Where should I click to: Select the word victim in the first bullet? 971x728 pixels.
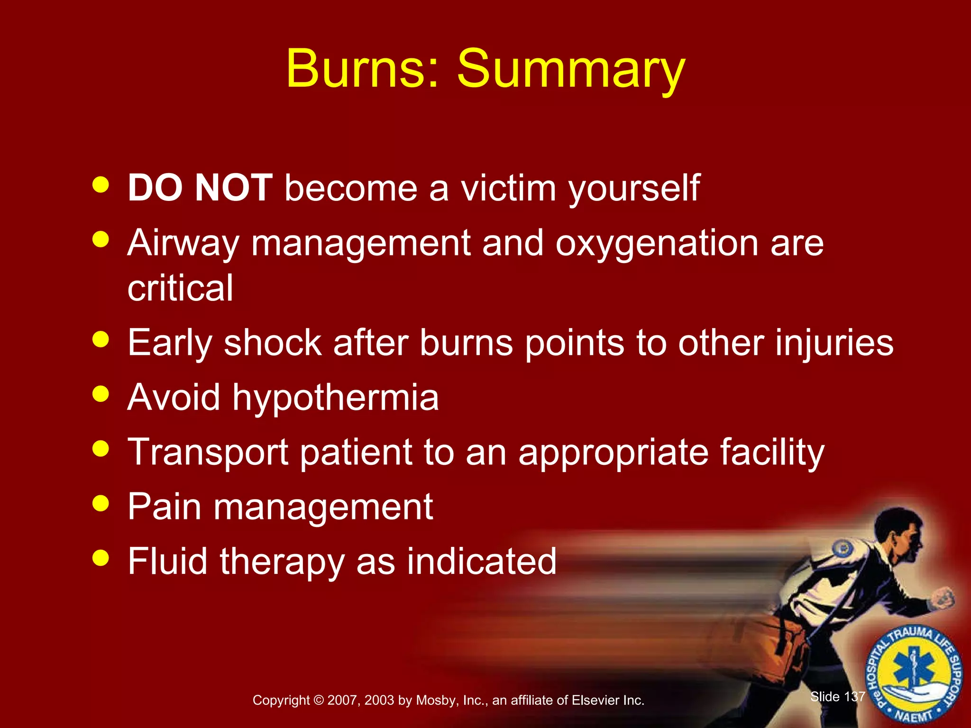click(x=508, y=188)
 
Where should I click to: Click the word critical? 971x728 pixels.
click(x=180, y=288)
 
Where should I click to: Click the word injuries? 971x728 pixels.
click(x=834, y=342)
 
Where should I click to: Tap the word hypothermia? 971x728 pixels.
click(x=335, y=397)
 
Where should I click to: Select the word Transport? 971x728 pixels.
click(x=208, y=452)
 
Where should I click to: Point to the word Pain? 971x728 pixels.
click(x=165, y=507)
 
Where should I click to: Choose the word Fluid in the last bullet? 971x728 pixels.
click(x=167, y=561)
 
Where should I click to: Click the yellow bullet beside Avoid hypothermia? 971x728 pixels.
click(x=101, y=393)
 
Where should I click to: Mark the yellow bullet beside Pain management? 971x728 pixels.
click(x=101, y=503)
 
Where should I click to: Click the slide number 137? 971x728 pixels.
click(x=854, y=696)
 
